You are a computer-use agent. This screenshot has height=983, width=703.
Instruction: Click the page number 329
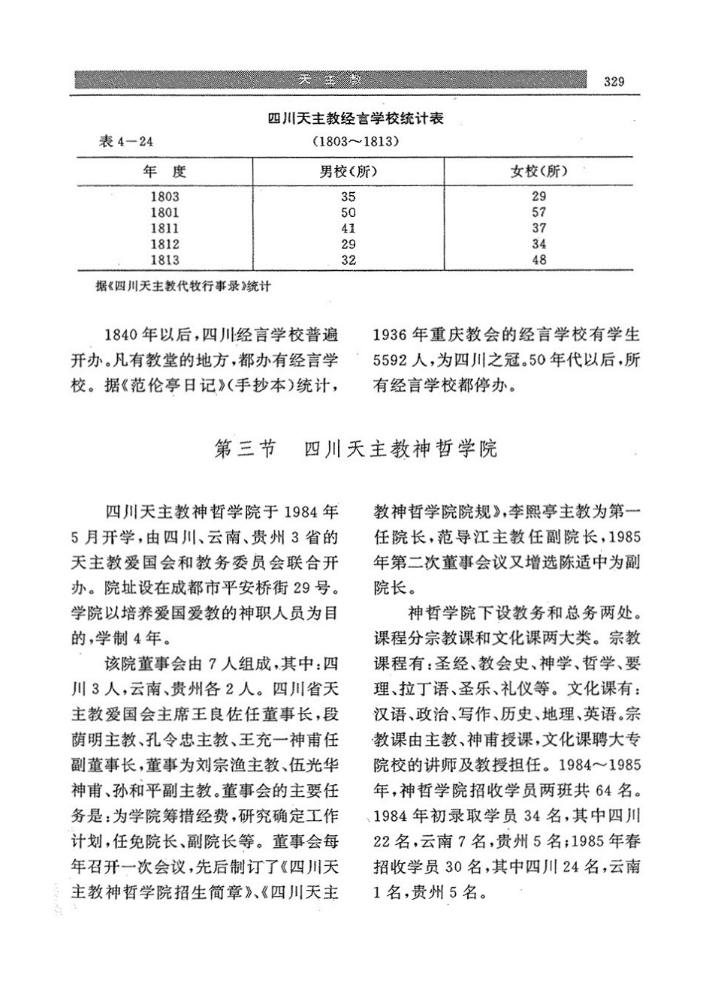614,82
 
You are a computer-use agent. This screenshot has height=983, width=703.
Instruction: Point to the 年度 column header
164,171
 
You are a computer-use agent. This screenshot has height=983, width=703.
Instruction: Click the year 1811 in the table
164,228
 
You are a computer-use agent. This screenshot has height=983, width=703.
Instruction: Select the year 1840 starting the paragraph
124,335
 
